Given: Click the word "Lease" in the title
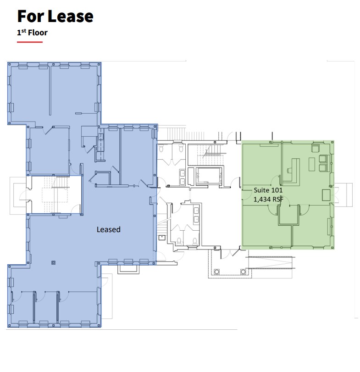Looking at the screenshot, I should [69, 16].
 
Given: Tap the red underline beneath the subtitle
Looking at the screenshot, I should [30, 42].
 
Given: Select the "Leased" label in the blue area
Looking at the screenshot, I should [108, 229].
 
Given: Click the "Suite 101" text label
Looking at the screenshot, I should [268, 190].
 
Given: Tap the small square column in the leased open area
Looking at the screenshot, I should [54, 263].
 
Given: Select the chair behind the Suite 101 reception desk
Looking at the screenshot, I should [288, 169].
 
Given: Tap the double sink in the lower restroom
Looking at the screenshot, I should [198, 214].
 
